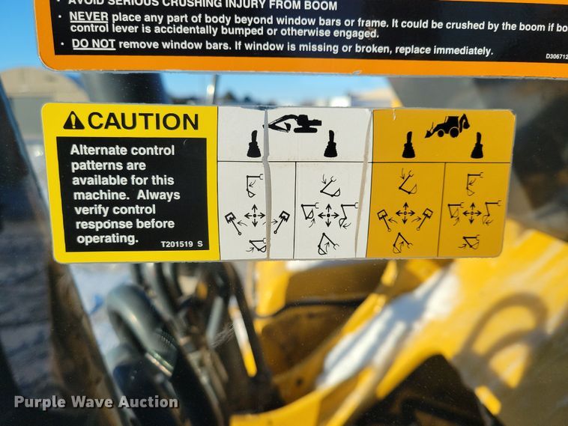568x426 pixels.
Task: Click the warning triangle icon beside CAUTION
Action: (x=73, y=121)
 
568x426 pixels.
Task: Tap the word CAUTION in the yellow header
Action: (x=142, y=121)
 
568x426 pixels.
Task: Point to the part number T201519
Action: (x=176, y=243)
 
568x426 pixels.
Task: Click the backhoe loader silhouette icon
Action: (x=447, y=126)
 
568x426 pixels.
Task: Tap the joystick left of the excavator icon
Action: (x=254, y=144)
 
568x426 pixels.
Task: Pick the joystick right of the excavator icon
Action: (x=330, y=144)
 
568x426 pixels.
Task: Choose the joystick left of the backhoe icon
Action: (x=408, y=145)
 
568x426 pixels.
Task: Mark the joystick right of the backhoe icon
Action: (x=477, y=145)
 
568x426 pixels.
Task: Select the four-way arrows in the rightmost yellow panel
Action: (x=472, y=213)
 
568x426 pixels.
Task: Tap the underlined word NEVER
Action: (x=90, y=16)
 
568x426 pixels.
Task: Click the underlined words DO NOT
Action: (x=94, y=44)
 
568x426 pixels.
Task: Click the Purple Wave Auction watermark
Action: (x=96, y=402)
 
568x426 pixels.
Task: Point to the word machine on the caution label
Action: (x=95, y=195)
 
